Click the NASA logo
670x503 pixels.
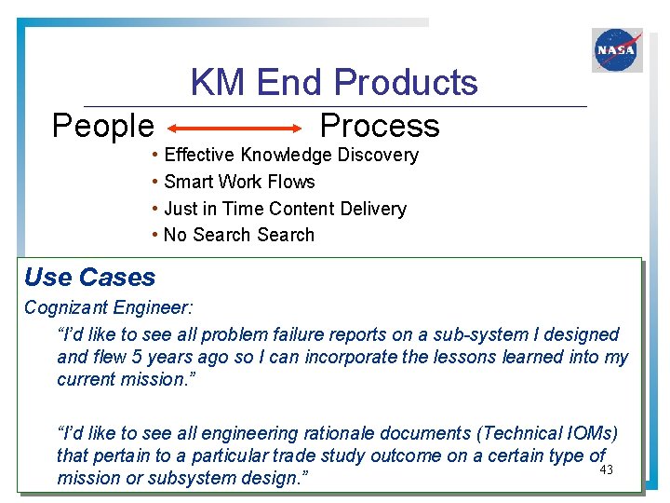617,50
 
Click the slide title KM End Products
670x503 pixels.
334,83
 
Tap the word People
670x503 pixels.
102,126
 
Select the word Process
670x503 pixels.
379,126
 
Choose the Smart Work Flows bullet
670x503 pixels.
239,182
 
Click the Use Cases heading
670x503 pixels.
90,277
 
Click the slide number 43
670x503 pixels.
606,469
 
